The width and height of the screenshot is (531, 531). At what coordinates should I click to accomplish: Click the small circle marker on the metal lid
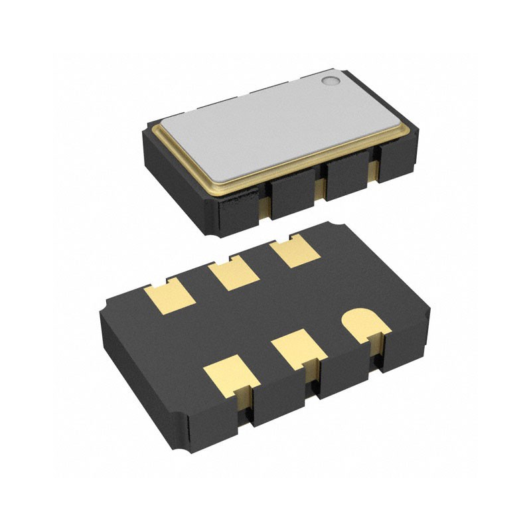click(x=330, y=81)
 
